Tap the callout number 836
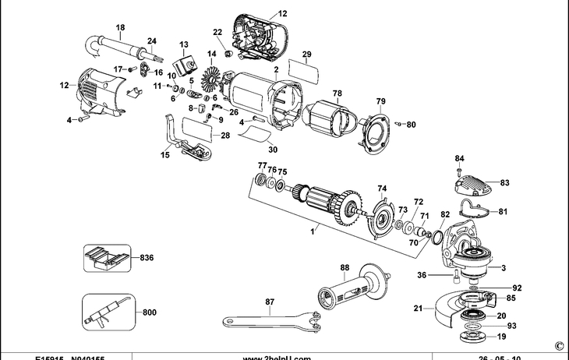pos(147,257)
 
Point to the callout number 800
pos(150,312)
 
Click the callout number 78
pos(338,94)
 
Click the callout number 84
pos(460,158)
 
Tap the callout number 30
pos(272,150)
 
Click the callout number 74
pos(382,189)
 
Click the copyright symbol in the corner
pos(558,344)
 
